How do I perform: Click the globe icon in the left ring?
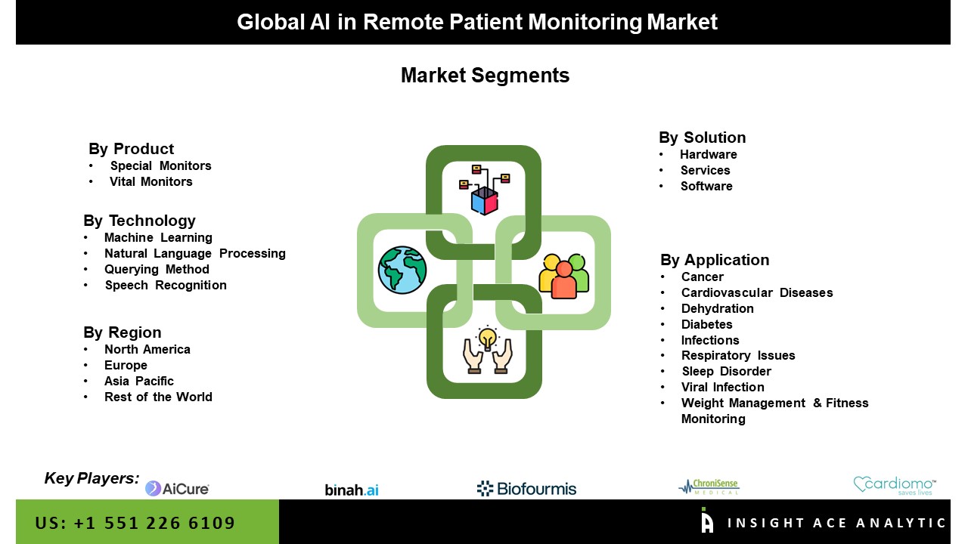402,270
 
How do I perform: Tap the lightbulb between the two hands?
488,336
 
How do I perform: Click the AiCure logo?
177,489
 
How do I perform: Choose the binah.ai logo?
352,490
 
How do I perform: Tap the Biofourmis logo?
526,489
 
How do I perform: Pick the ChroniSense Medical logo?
709,487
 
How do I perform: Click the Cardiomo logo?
895,485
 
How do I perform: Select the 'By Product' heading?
131,149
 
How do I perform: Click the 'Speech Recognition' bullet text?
166,285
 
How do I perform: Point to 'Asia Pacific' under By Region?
139,381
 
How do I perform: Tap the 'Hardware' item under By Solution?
709,154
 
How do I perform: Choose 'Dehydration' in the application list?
717,308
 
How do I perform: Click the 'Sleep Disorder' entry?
726,371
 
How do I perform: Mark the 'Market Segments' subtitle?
485,76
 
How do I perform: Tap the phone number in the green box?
135,523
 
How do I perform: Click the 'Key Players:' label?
92,478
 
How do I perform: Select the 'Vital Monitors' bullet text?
151,181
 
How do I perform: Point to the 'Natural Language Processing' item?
195,253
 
